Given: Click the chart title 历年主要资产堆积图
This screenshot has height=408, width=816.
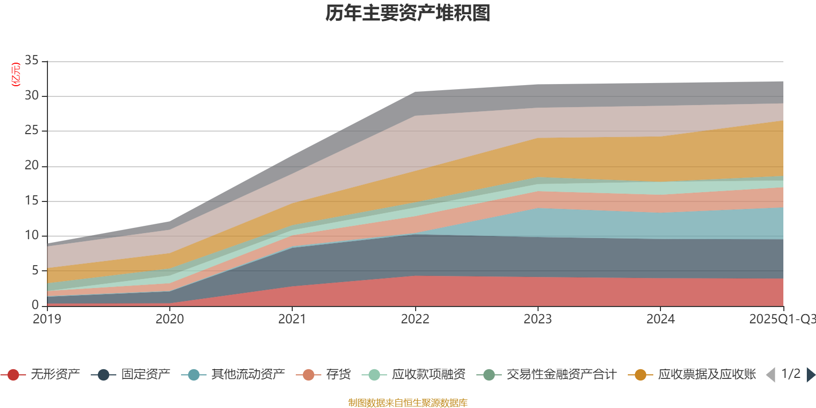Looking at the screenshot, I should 407,13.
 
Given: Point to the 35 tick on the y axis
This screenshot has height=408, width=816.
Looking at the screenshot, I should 32,61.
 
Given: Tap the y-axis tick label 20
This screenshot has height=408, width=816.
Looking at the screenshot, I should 32,166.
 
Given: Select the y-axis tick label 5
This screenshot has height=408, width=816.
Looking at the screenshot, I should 35,270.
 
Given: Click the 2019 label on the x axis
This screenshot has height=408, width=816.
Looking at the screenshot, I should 47,319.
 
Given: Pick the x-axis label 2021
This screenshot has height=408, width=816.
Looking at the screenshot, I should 292,319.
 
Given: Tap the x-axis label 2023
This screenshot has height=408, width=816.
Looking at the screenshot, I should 538,319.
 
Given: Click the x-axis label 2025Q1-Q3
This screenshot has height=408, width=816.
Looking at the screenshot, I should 781,319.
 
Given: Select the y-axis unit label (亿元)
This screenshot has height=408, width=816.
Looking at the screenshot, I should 16,74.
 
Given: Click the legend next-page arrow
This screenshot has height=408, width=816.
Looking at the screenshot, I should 811,375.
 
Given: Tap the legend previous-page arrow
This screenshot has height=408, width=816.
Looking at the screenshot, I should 771,375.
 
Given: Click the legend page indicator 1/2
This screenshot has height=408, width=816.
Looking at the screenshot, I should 790,374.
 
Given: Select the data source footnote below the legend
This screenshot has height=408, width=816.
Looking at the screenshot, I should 407,403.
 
